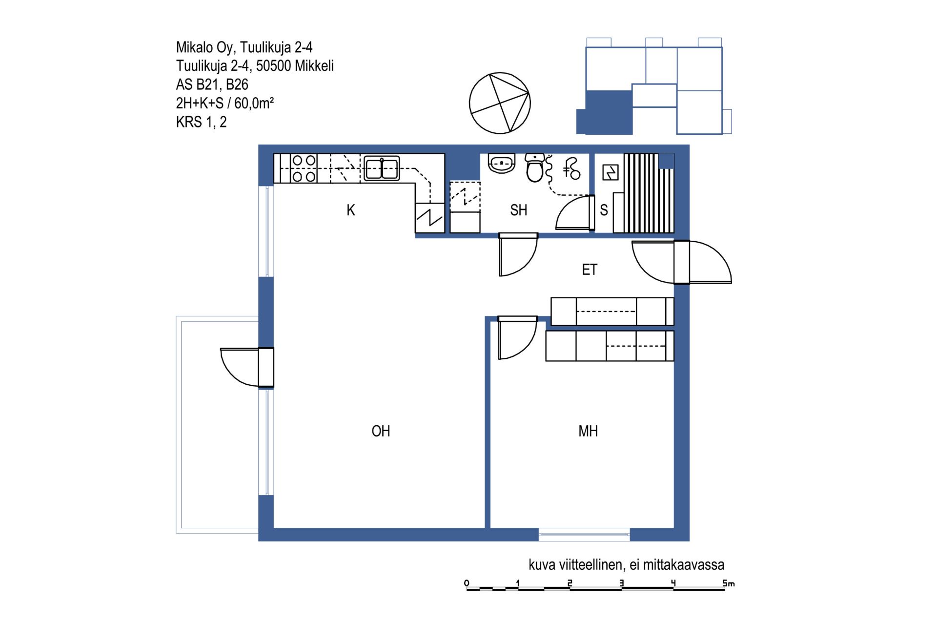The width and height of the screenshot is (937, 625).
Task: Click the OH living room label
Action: (x=381, y=431)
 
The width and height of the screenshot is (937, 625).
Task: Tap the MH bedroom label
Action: (x=588, y=431)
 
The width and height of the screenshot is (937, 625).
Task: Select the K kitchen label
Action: (x=351, y=210)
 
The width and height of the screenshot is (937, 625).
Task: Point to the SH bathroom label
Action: (x=519, y=210)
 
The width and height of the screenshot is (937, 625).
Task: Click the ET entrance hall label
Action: (x=590, y=270)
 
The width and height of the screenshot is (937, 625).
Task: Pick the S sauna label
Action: (x=604, y=210)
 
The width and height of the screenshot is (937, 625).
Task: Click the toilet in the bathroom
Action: (x=535, y=167)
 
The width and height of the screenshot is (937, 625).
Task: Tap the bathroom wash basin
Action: (x=502, y=164)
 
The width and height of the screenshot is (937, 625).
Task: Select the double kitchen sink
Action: (x=382, y=168)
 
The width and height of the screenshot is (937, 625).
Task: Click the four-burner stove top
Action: (x=304, y=168)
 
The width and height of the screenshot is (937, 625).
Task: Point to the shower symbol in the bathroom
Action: (x=571, y=169)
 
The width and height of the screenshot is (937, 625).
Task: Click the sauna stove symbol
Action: (x=611, y=172)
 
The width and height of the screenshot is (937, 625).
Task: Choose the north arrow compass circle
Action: (x=500, y=103)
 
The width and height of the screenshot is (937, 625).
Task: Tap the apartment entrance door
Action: (x=682, y=262)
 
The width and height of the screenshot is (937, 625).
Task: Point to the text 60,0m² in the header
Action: (x=254, y=103)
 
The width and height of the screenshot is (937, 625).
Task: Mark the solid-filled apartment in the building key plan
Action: (x=605, y=113)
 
